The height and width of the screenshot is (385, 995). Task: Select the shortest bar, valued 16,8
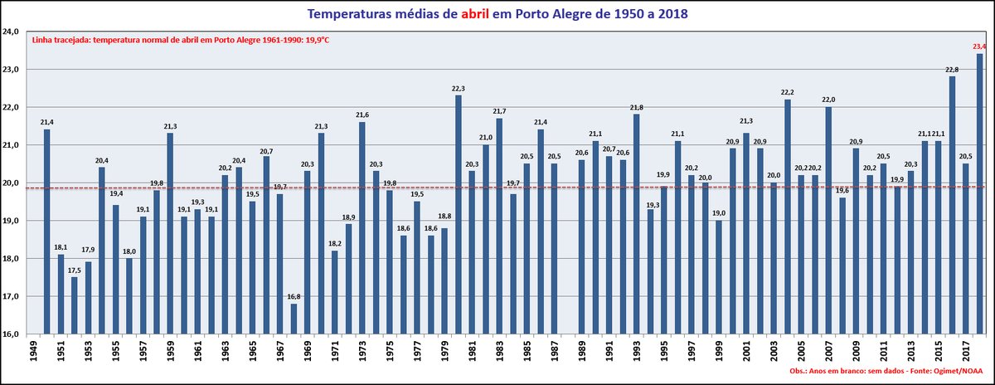[x=294, y=319]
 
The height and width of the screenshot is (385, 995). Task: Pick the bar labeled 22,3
[x=459, y=215]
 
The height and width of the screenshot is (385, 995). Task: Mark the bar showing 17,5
[x=74, y=306]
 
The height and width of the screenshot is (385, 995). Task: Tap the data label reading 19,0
[x=718, y=213]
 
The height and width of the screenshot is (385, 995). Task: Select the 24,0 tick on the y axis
[x=12, y=32]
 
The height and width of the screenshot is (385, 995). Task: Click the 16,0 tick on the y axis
[x=12, y=334]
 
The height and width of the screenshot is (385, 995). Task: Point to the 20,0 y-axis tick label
[x=12, y=183]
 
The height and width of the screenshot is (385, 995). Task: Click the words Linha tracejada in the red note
[x=61, y=40]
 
